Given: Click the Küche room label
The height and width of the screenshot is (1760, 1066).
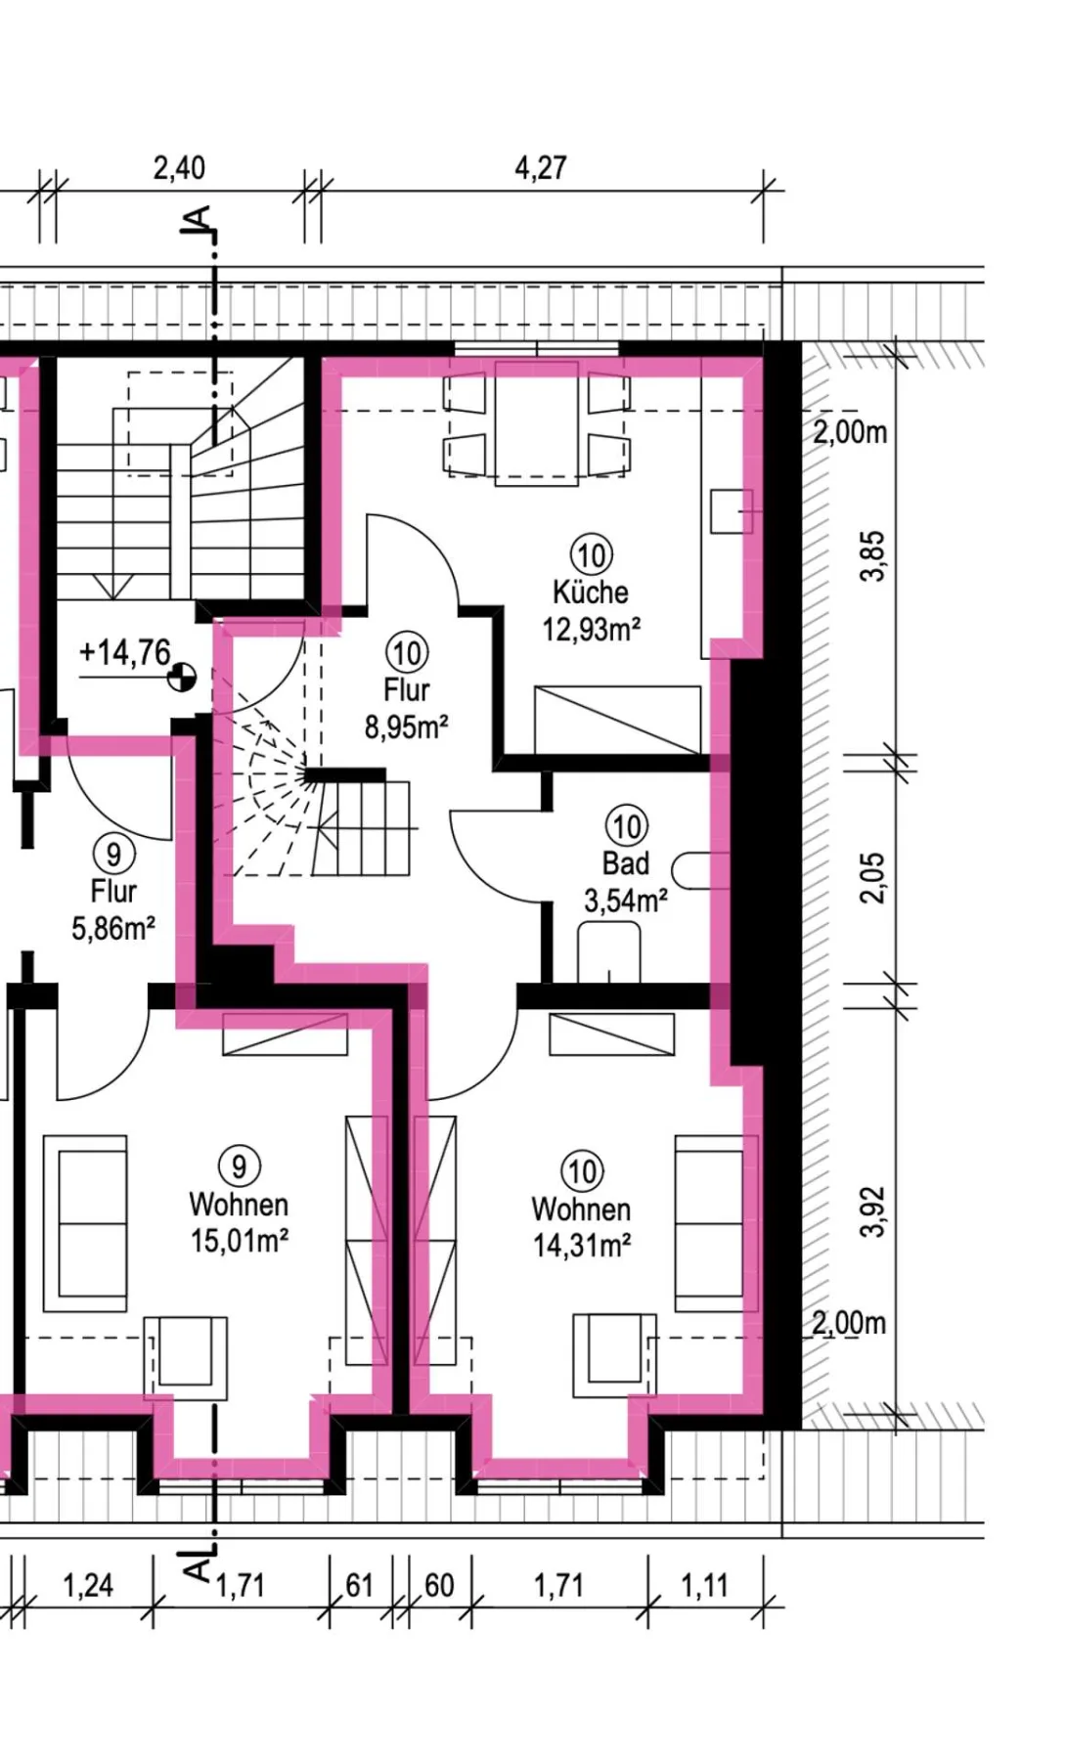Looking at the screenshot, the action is [x=590, y=593].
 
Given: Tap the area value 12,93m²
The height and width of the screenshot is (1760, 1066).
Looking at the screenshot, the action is [x=592, y=629].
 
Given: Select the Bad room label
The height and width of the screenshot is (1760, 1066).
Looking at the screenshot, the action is [x=626, y=863].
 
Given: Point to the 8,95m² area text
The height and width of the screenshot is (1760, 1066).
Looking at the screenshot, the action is [x=407, y=726].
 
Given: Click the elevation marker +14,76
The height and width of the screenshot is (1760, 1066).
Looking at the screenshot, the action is [x=125, y=652].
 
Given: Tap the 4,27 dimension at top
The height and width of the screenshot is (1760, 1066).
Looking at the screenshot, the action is [x=541, y=168].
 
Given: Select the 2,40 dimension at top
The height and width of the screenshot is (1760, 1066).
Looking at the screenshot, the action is [x=179, y=168].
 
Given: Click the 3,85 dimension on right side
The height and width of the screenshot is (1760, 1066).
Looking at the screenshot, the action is [x=872, y=555].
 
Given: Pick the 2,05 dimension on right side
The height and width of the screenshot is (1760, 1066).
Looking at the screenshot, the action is [x=872, y=878].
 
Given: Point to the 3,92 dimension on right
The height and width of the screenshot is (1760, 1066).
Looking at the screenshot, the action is [x=872, y=1211].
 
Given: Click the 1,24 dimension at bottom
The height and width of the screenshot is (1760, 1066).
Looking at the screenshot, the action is [x=88, y=1585].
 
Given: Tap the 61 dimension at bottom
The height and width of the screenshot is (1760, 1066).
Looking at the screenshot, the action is [x=360, y=1585].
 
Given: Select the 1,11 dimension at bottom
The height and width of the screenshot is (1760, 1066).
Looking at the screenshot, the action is [x=704, y=1585].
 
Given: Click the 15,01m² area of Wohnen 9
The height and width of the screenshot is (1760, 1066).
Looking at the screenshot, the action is [x=240, y=1241].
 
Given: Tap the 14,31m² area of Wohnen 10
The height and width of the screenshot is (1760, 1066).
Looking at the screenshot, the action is [x=582, y=1246].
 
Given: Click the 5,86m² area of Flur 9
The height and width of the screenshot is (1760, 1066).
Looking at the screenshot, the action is [x=113, y=928].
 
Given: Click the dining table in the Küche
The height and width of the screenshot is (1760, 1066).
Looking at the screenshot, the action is [x=537, y=422].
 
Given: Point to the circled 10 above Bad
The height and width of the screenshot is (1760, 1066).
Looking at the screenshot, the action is [x=626, y=826].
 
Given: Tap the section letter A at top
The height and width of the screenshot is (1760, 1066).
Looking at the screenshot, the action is [x=198, y=220].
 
